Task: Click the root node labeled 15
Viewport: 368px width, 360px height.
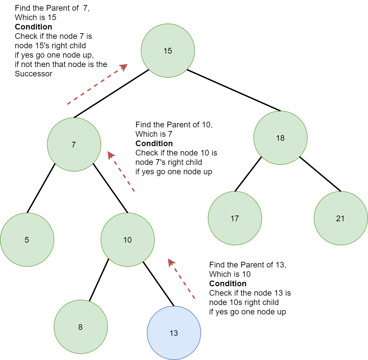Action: tap(168, 51)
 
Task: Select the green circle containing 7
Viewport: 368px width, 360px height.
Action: tap(74, 144)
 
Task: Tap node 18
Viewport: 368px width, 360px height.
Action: tap(280, 138)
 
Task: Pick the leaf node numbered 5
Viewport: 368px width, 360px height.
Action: tap(27, 240)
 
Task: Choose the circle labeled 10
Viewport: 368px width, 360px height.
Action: tap(128, 240)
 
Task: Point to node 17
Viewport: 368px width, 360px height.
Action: tap(235, 218)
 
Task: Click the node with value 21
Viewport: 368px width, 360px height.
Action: tap(341, 218)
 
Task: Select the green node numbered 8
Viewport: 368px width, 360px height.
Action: tap(81, 327)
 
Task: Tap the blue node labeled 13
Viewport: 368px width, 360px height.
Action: tap(174, 333)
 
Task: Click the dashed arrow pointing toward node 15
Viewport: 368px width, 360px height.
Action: tap(97, 84)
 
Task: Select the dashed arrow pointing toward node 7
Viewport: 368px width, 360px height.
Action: tap(121, 172)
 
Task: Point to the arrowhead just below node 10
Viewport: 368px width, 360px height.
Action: tap(171, 262)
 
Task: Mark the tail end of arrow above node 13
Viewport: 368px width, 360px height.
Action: tap(194, 298)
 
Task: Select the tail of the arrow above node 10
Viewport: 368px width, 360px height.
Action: tap(134, 191)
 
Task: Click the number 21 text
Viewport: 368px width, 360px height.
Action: tap(340, 219)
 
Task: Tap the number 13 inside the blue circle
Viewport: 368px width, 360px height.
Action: tap(174, 333)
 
